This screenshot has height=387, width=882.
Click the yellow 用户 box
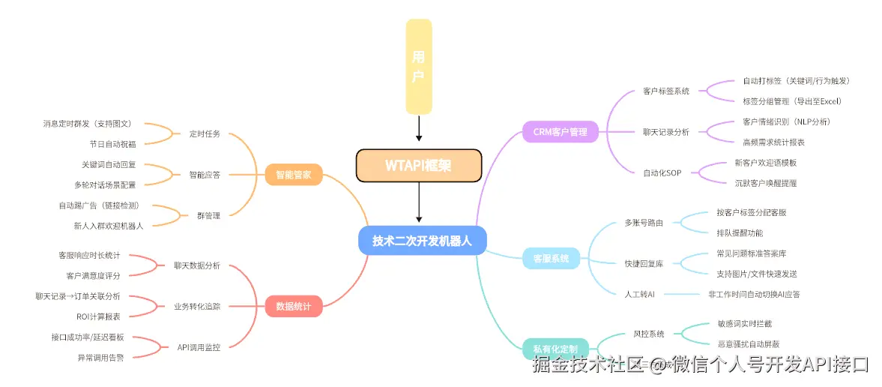click(x=419, y=66)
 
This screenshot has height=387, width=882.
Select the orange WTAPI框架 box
click(x=418, y=166)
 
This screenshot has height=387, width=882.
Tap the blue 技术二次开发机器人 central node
click(x=423, y=240)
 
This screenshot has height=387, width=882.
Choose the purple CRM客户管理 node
click(x=561, y=132)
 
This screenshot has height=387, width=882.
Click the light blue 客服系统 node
click(x=551, y=259)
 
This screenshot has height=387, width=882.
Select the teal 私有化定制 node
click(x=555, y=349)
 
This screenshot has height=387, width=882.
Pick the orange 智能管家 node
click(x=294, y=176)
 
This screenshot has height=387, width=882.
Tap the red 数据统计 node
click(x=294, y=306)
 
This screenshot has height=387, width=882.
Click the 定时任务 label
click(x=205, y=133)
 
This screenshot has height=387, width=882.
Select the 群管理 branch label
click(x=208, y=215)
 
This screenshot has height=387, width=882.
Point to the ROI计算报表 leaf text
click(x=98, y=316)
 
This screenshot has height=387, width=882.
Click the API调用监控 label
click(x=199, y=347)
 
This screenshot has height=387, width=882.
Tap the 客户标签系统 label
click(x=666, y=91)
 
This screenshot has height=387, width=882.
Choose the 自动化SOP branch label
click(x=662, y=172)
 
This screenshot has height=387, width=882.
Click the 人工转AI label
click(x=640, y=294)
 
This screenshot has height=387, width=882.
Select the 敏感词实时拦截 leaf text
click(x=744, y=324)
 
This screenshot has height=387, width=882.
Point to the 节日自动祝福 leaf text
click(x=112, y=144)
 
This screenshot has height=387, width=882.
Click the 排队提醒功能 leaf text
click(x=740, y=232)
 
